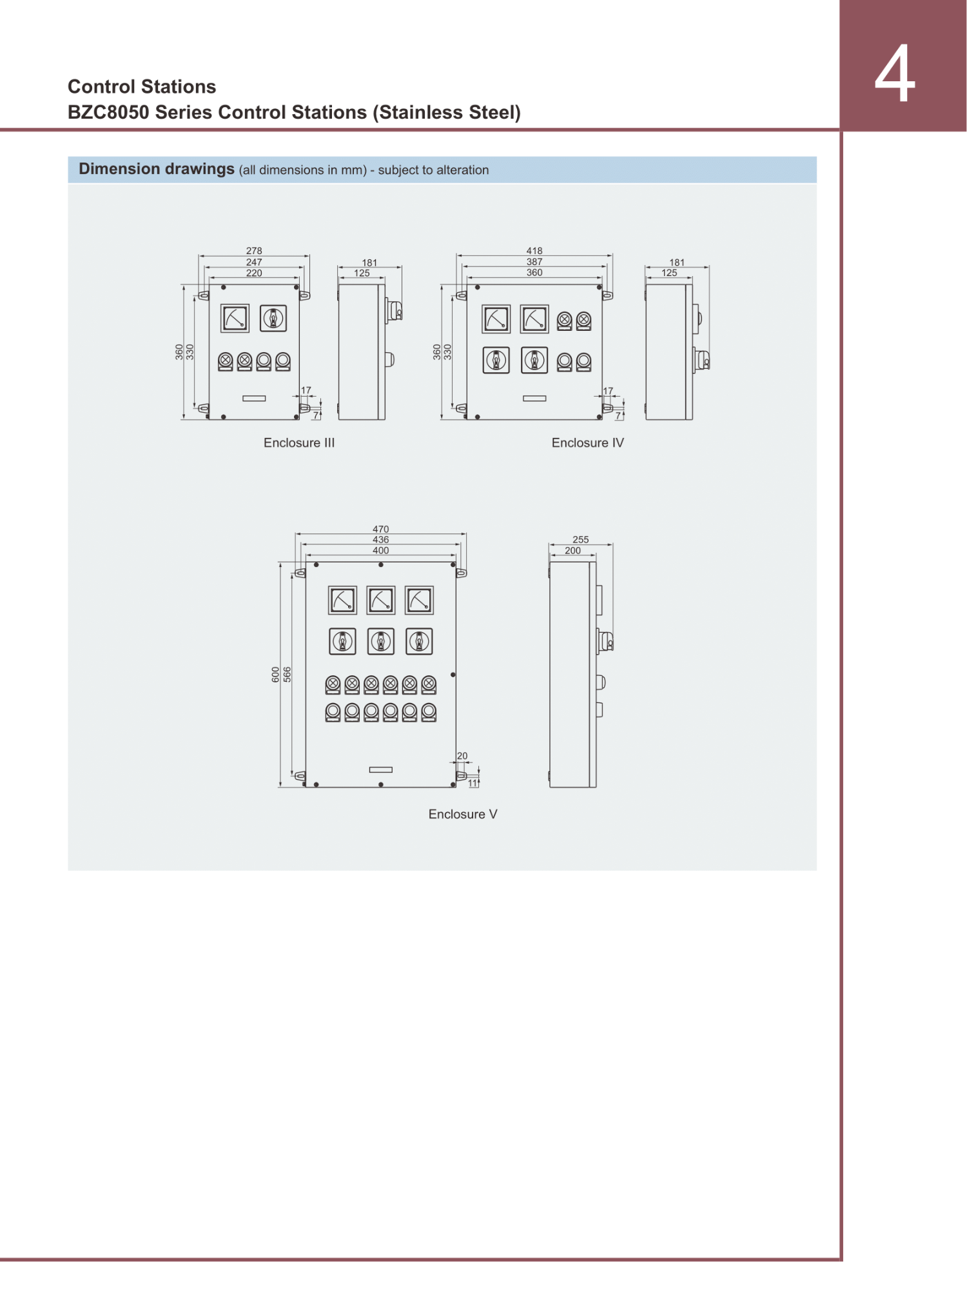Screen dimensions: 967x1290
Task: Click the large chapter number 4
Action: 895,74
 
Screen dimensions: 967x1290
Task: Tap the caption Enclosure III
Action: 299,442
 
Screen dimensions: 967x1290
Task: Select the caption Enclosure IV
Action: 588,442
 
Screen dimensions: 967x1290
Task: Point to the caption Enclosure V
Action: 463,814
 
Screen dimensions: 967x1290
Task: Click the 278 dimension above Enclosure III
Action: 254,250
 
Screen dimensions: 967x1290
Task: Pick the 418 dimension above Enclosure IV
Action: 534,250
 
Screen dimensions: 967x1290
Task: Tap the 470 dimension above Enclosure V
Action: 381,529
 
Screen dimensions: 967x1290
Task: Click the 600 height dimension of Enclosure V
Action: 276,675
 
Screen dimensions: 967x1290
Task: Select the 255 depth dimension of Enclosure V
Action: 581,539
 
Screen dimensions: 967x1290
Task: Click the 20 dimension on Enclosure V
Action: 462,756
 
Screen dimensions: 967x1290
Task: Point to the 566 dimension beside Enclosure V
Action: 288,675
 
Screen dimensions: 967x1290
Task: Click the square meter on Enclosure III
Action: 235,319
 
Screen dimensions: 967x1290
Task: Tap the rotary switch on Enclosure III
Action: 273,319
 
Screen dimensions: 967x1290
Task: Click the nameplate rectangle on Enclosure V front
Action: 381,769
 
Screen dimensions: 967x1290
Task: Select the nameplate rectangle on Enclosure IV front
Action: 534,399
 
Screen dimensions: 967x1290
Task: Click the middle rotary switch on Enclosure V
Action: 381,642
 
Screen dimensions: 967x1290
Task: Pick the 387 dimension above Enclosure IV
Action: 534,262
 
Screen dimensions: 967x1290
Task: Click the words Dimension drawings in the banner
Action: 157,169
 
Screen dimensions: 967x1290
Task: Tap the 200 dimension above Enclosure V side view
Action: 572,550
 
